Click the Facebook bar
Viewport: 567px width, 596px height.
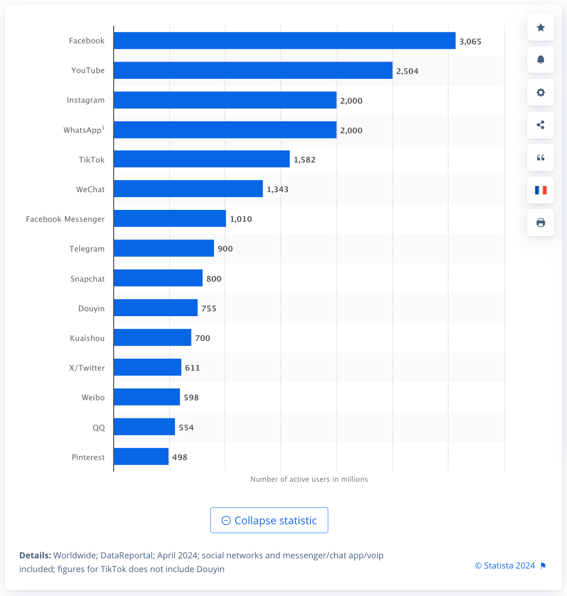point(284,41)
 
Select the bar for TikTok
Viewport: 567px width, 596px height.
point(202,159)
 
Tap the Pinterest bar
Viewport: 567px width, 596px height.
point(141,457)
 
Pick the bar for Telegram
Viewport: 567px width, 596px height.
point(163,248)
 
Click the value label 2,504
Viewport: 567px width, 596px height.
point(407,71)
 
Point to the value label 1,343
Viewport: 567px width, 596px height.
point(277,190)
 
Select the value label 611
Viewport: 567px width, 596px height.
point(192,368)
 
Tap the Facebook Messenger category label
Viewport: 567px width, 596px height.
point(66,219)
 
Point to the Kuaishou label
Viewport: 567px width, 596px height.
point(87,338)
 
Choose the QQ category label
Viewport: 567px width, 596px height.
point(99,428)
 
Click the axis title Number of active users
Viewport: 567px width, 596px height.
point(309,479)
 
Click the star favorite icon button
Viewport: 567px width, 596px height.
point(540,27)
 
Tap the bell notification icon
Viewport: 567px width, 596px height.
point(540,60)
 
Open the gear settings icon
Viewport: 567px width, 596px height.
point(540,93)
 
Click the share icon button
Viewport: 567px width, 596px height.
point(540,125)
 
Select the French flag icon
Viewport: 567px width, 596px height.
point(540,190)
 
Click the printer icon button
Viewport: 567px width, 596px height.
point(540,223)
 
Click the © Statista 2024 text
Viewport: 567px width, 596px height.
point(505,565)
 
